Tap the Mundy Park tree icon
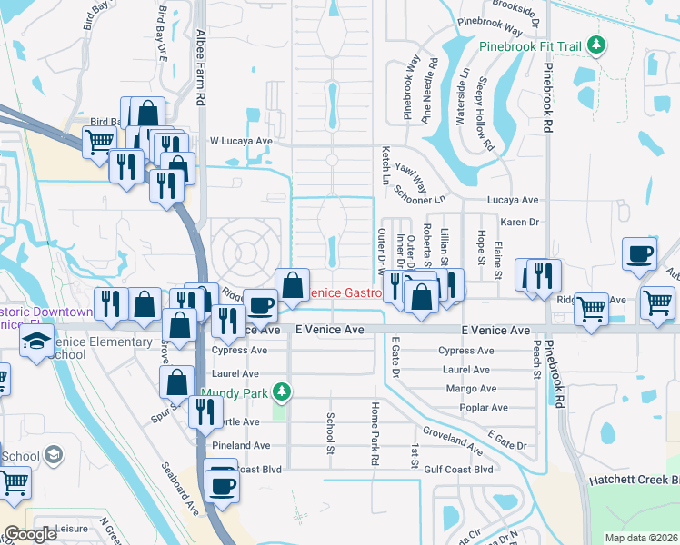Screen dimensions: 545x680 [x=283, y=391]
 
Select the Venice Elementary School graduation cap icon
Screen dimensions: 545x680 [x=37, y=342]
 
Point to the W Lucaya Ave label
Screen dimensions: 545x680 [x=242, y=142]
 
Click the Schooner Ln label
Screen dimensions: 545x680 [x=421, y=194]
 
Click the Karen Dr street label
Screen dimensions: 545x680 [x=520, y=221]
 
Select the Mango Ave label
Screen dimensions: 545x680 [x=471, y=388]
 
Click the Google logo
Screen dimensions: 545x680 [x=31, y=535]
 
